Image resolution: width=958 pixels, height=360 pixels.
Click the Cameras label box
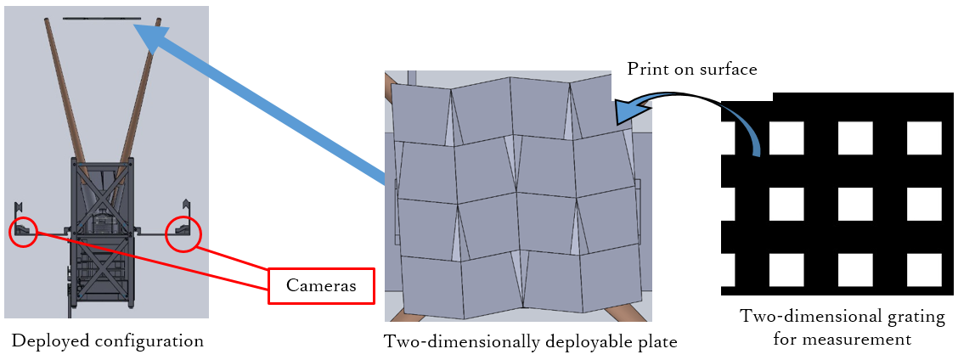[321, 286]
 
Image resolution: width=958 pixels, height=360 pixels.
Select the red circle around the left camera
[23, 233]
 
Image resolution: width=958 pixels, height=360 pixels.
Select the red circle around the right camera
[183, 234]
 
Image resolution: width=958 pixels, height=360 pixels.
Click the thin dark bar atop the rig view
[102, 19]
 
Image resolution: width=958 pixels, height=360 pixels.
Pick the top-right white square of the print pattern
[924, 138]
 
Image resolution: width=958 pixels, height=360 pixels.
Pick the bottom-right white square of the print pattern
[924, 270]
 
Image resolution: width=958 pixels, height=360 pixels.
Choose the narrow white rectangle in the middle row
[728, 205]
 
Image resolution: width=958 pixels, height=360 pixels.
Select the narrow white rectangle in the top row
[728, 138]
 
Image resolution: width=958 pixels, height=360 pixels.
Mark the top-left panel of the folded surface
[421, 112]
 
